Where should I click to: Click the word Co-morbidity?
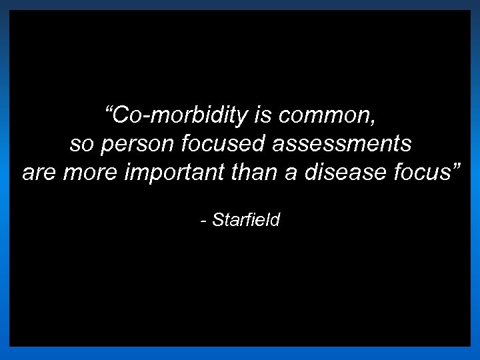tap(180, 115)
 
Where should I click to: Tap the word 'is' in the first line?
tap(261, 115)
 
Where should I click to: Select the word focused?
tap(216, 143)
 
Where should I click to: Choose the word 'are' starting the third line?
tap(38, 173)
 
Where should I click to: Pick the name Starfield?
tap(246, 220)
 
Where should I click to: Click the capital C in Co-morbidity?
tap(121, 115)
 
